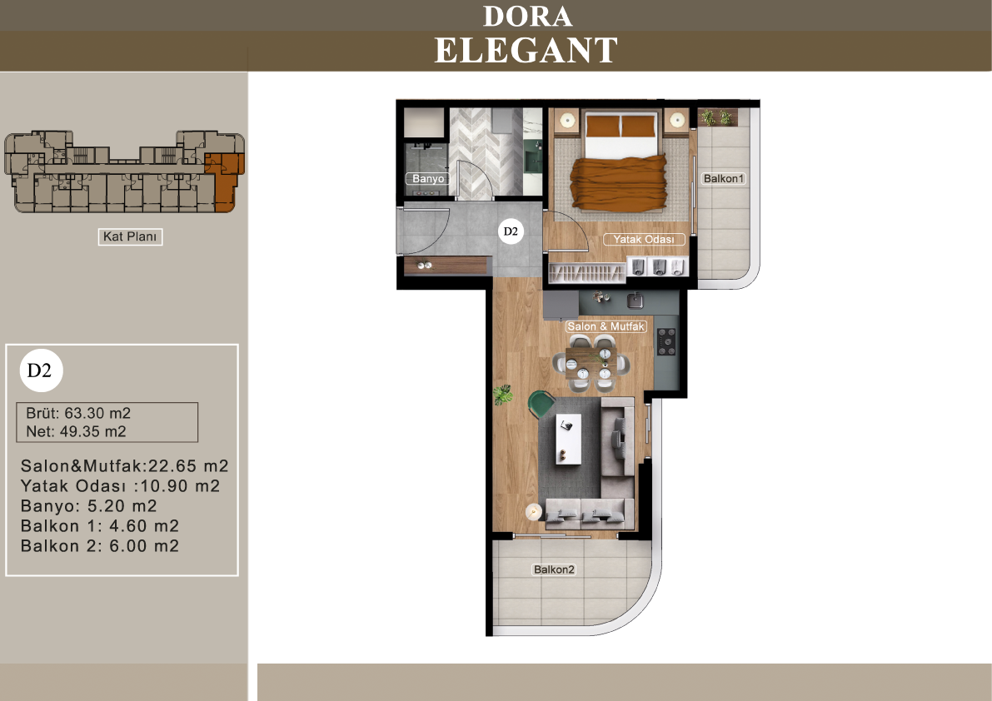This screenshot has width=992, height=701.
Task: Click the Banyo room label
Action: [x=428, y=179]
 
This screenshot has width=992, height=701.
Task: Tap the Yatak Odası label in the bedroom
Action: [x=643, y=240]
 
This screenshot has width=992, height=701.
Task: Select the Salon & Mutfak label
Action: [x=606, y=326]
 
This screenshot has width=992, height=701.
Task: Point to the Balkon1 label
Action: [x=724, y=179]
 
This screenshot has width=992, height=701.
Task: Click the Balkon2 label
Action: [x=554, y=569]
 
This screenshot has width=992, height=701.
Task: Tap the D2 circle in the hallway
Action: [x=511, y=231]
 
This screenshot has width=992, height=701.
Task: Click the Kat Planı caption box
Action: [x=130, y=236]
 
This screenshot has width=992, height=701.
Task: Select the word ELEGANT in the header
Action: [x=526, y=51]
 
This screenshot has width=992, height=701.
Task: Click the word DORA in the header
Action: [x=527, y=17]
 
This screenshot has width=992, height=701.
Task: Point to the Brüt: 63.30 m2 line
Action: [x=78, y=414]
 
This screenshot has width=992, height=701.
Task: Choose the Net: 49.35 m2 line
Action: [x=76, y=432]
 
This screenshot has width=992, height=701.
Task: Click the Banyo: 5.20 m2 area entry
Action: [x=88, y=506]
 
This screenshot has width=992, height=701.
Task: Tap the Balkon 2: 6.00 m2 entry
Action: [x=100, y=546]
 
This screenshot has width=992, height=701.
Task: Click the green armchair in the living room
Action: [x=541, y=404]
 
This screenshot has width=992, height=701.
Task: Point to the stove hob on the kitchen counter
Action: [x=666, y=342]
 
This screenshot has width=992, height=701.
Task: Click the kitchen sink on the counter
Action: [x=635, y=299]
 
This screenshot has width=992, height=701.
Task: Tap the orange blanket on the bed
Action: [x=619, y=182]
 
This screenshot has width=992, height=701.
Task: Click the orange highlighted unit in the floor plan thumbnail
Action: [x=225, y=180]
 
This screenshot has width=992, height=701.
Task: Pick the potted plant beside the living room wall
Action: [x=503, y=395]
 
